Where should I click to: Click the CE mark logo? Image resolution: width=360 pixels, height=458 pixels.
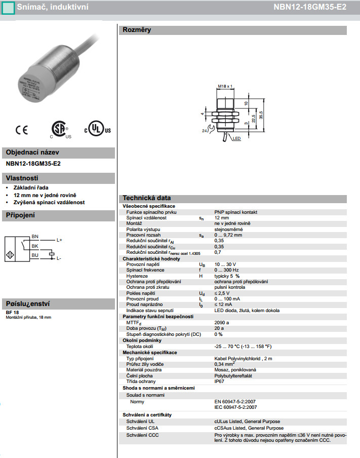(22, 130)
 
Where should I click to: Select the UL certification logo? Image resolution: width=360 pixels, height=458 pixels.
(98, 129)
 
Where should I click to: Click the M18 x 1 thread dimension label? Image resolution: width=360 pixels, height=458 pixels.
(224, 86)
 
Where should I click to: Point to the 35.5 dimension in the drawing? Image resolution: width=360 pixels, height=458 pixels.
(261, 114)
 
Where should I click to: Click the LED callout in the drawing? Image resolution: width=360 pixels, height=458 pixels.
(236, 138)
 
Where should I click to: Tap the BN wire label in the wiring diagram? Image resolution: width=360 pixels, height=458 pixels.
(35, 237)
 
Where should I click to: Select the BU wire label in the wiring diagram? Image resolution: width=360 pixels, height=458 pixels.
(35, 255)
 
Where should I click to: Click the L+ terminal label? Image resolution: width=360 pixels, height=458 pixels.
(59, 240)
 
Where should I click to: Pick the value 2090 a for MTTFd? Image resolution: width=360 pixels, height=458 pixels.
(222, 322)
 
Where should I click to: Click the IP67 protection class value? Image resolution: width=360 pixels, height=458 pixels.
(219, 381)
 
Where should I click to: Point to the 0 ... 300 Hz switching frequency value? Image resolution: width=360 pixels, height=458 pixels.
(227, 270)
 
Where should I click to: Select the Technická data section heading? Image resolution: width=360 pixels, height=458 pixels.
(147, 198)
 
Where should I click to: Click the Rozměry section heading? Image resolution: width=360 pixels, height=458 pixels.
(137, 30)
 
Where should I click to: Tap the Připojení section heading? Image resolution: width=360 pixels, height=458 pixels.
(20, 215)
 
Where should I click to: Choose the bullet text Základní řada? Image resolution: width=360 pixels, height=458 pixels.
(31, 187)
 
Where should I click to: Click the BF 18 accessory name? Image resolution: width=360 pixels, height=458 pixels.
(12, 312)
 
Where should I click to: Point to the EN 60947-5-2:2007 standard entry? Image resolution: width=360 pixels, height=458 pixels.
(235, 401)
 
